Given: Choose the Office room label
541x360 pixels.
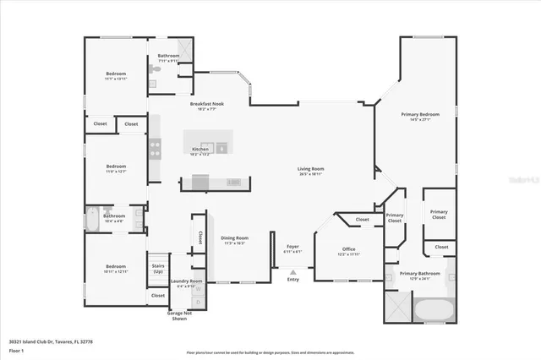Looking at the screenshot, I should pos(348,249).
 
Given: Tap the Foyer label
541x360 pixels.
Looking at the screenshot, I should pos(292,247).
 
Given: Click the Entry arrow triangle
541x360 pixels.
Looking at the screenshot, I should pos(292,272).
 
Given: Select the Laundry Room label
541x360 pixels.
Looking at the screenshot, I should pos(186,281).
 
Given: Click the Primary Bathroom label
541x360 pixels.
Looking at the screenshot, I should pos(420,273).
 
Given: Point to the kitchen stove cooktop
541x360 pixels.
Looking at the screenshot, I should pos(156,149).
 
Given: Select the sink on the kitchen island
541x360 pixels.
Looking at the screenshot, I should pos(222,149).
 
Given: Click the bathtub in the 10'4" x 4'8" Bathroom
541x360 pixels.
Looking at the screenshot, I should pos(94,219).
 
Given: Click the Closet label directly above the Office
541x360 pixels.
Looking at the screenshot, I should pos(362,220).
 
